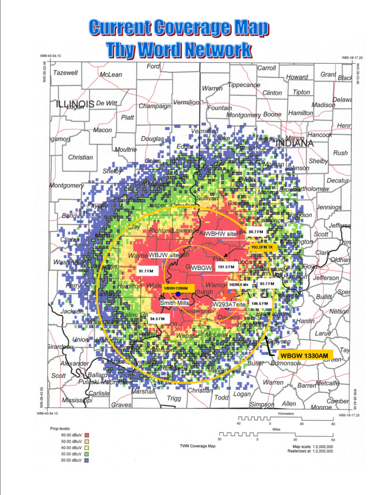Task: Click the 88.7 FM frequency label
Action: click(256, 232)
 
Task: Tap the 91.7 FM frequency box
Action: click(146, 271)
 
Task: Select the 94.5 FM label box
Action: click(157, 319)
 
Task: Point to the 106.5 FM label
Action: click(260, 304)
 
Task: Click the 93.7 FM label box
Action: click(267, 284)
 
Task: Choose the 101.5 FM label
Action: click(226, 267)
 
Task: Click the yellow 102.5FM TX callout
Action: click(262, 247)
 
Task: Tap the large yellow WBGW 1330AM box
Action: click(304, 356)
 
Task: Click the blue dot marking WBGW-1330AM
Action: click(178, 294)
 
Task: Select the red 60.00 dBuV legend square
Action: click(86, 435)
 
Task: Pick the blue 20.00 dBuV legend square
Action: click(86, 460)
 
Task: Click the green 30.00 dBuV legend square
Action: click(86, 454)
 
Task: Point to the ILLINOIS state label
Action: click(75, 104)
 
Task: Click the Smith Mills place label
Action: click(175, 303)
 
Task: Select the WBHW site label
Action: click(221, 234)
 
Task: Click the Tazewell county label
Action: click(66, 73)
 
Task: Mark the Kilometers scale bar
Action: click(286, 418)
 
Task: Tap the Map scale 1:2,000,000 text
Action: click(312, 447)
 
